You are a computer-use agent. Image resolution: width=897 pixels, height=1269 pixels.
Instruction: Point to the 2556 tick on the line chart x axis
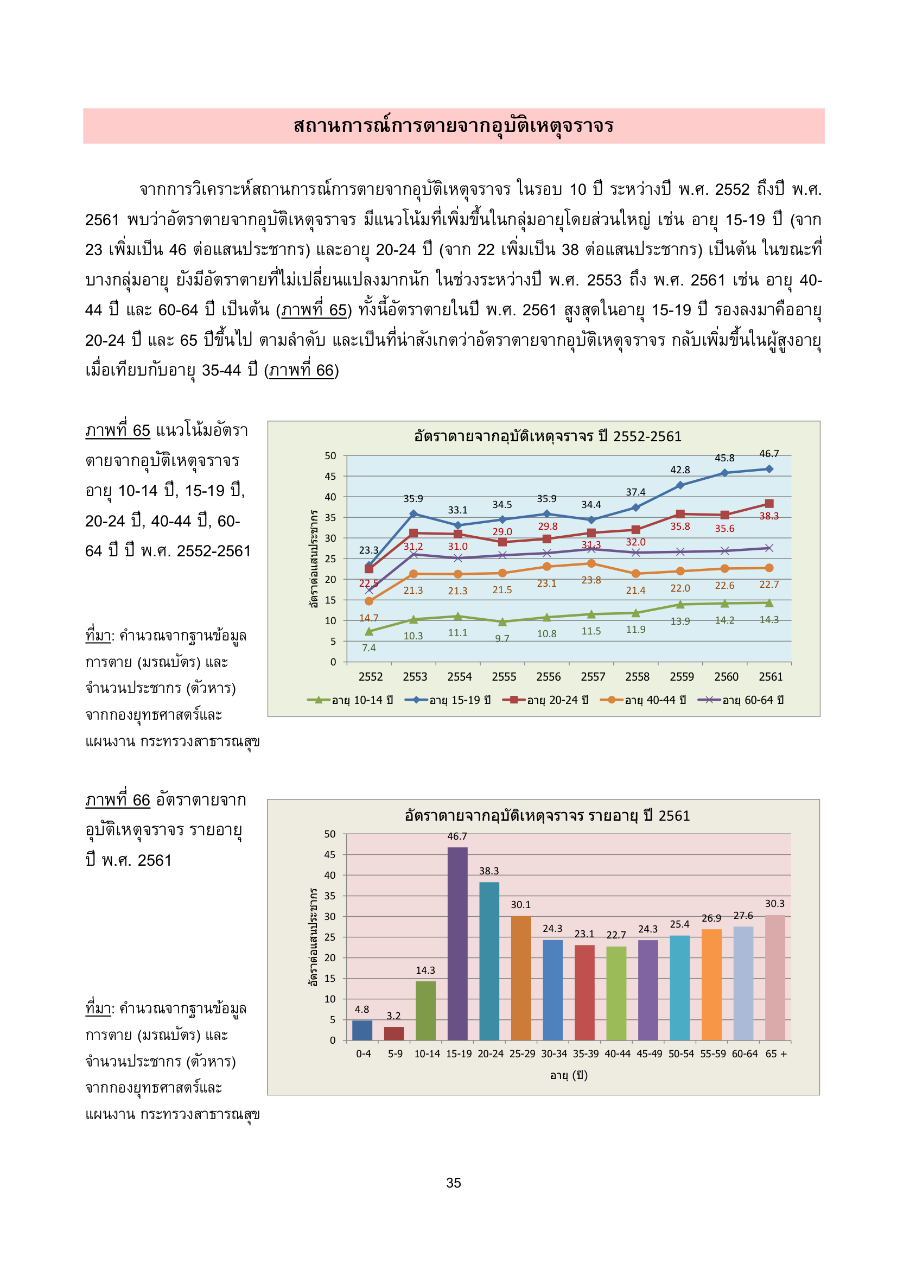point(548,677)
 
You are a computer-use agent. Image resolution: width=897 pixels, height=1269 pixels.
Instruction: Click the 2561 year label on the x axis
point(771,677)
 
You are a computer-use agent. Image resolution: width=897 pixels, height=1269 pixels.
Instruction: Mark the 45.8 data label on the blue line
point(724,458)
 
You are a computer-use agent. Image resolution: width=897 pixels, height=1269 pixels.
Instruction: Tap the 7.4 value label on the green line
point(368,648)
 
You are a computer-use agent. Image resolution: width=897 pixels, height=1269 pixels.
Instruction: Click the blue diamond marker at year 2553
point(413,514)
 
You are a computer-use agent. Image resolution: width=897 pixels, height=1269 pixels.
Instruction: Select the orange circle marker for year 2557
point(591,564)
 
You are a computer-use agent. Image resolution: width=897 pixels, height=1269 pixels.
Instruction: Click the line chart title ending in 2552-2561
point(547,436)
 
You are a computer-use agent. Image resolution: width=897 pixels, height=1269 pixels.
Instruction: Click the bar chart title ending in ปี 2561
point(547,816)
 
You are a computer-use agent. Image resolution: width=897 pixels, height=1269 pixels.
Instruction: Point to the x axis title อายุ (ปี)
point(569,1075)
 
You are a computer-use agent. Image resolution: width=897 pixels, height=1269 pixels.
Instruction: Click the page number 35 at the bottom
point(454,1183)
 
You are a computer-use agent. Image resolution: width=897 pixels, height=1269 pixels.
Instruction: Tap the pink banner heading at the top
point(453,126)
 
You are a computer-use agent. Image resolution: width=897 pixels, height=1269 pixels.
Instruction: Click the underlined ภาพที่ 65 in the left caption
point(118,430)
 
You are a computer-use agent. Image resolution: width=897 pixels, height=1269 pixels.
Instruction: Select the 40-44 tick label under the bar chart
point(618,1054)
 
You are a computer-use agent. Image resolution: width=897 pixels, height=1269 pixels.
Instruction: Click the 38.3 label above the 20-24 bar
point(488,871)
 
